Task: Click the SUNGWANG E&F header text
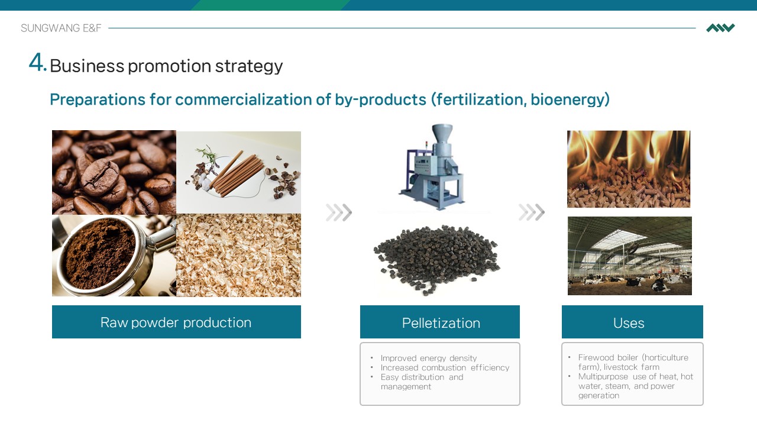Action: coord(61,28)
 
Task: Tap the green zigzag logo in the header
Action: coord(720,28)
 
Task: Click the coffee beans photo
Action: coord(114,172)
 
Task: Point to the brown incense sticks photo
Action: coord(238,172)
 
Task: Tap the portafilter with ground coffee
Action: coord(114,256)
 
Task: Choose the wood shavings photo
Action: coord(238,256)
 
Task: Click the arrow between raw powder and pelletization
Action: coord(339,212)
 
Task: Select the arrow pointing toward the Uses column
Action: coord(532,212)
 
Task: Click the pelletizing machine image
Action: coord(432,167)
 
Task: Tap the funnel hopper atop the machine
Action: coord(442,134)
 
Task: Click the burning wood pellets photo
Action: coord(629,169)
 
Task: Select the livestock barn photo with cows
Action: coord(630,256)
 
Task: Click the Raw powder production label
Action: coord(176,322)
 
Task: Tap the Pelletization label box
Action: coord(440,322)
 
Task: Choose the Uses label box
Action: coord(632,322)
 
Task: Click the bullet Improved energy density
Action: coord(429,358)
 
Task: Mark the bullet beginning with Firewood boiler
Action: coord(633,362)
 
